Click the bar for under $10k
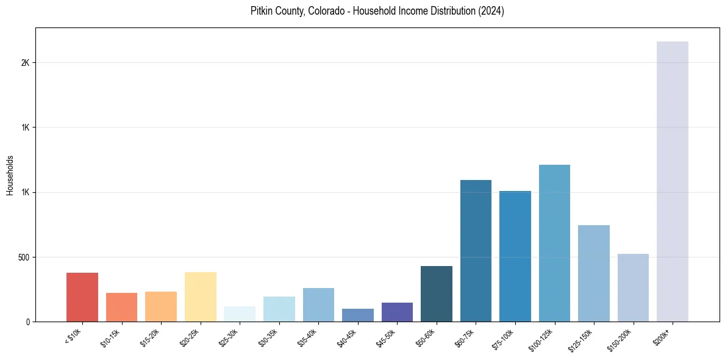point(82,297)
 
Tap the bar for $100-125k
point(554,243)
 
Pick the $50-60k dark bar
point(437,294)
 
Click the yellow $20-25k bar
point(201,297)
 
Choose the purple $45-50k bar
point(397,312)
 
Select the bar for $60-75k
point(476,251)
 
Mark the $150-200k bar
point(633,288)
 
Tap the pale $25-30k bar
point(240,314)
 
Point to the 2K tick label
point(25,63)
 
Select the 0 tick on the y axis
point(27,322)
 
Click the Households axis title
point(10,175)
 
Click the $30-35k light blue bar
point(279,309)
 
